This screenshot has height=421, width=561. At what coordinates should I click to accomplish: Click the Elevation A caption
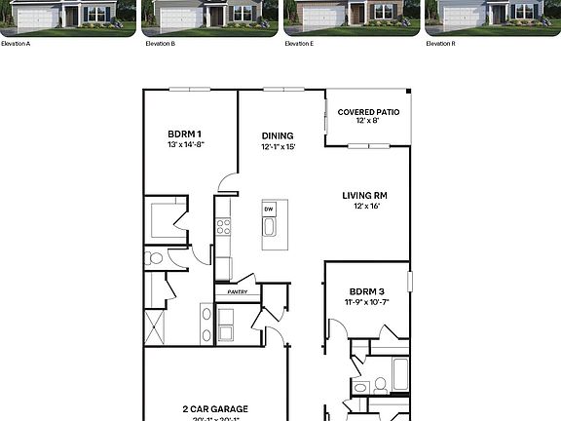point(16,44)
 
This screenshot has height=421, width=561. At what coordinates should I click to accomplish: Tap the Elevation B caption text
point(160,44)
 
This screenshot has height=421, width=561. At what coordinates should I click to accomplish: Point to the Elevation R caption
point(441,44)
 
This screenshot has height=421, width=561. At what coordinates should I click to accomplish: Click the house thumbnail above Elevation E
point(352,16)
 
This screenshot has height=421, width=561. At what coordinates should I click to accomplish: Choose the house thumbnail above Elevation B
point(209,16)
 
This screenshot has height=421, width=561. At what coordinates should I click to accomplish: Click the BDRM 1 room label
point(185,134)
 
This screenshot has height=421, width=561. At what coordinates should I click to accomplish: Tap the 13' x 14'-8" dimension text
point(185,145)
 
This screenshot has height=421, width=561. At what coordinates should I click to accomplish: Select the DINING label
point(278,136)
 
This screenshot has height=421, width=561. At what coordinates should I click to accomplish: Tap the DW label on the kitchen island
point(269,210)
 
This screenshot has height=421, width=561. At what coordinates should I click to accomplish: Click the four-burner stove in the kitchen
point(223,227)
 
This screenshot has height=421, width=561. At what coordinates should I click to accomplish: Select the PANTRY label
point(238,291)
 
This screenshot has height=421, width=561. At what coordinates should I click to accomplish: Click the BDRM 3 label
point(367,291)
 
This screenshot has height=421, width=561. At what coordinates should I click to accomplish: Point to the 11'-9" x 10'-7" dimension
point(367,302)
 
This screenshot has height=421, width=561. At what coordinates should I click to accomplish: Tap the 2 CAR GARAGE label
point(214,409)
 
